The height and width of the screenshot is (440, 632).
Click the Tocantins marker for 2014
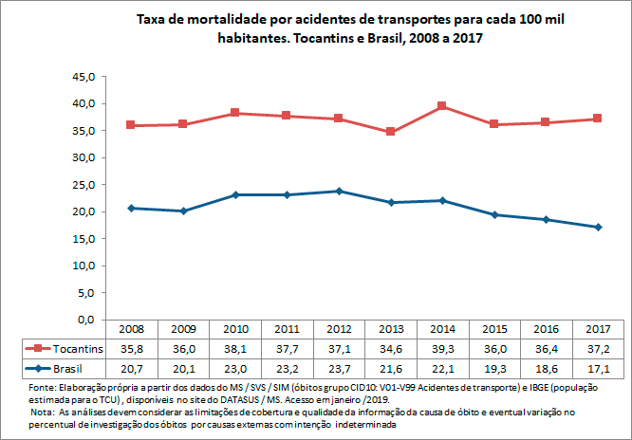tap(441, 106)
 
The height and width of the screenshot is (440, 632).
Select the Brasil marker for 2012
tap(339, 191)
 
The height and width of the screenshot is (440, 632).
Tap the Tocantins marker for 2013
tap(390, 132)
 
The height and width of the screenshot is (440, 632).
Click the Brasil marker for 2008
tap(132, 208)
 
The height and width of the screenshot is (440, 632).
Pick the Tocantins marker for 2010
tap(235, 113)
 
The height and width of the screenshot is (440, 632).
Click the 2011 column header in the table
tap(288, 328)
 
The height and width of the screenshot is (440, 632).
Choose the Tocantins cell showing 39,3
tap(442, 348)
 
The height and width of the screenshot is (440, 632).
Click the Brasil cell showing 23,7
tap(339, 367)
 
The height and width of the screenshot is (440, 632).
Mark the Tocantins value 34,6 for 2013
tap(390, 348)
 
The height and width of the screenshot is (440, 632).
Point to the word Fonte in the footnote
tap(45, 389)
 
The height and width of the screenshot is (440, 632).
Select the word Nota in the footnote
tap(44, 413)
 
